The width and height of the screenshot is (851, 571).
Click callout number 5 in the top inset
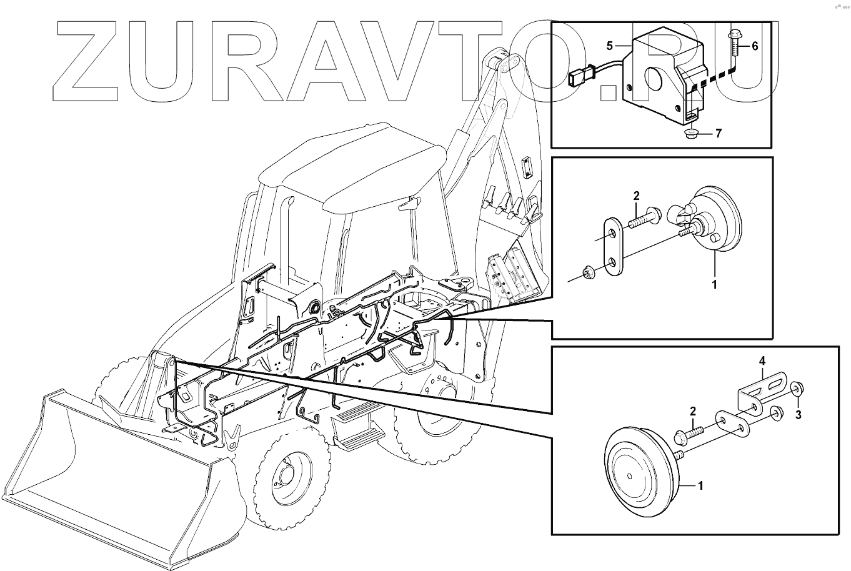[x=610, y=46]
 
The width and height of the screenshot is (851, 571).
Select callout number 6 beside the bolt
[x=755, y=46]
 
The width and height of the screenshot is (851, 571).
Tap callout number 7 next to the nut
[x=719, y=133]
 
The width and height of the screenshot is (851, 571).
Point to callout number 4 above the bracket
[x=762, y=361]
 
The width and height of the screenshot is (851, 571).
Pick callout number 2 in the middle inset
[x=636, y=196]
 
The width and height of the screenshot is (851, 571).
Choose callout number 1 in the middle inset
[x=714, y=284]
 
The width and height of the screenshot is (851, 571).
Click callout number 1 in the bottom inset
[x=700, y=486]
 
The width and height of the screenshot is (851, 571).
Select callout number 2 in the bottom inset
[x=692, y=411]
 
